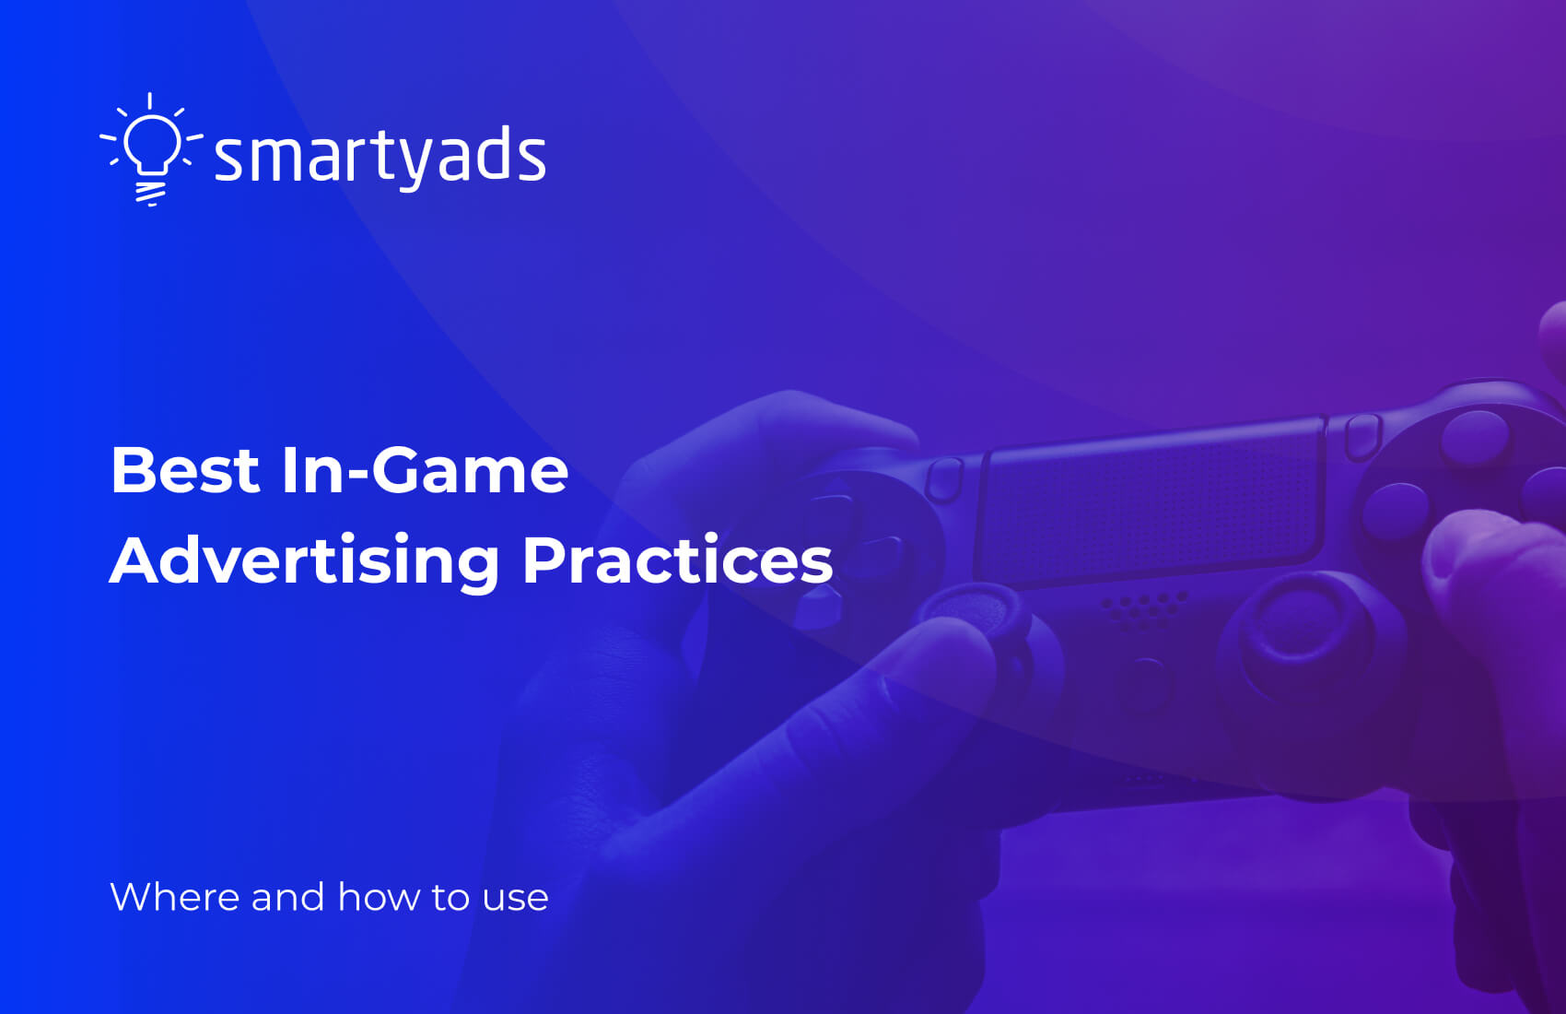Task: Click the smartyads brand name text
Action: click(380, 156)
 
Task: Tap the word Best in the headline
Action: click(184, 470)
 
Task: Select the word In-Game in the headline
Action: click(425, 470)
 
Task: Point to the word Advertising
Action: click(304, 560)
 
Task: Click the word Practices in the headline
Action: click(677, 560)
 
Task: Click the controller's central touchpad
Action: click(1151, 507)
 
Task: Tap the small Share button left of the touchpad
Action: click(943, 479)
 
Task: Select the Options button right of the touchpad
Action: click(1361, 436)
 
